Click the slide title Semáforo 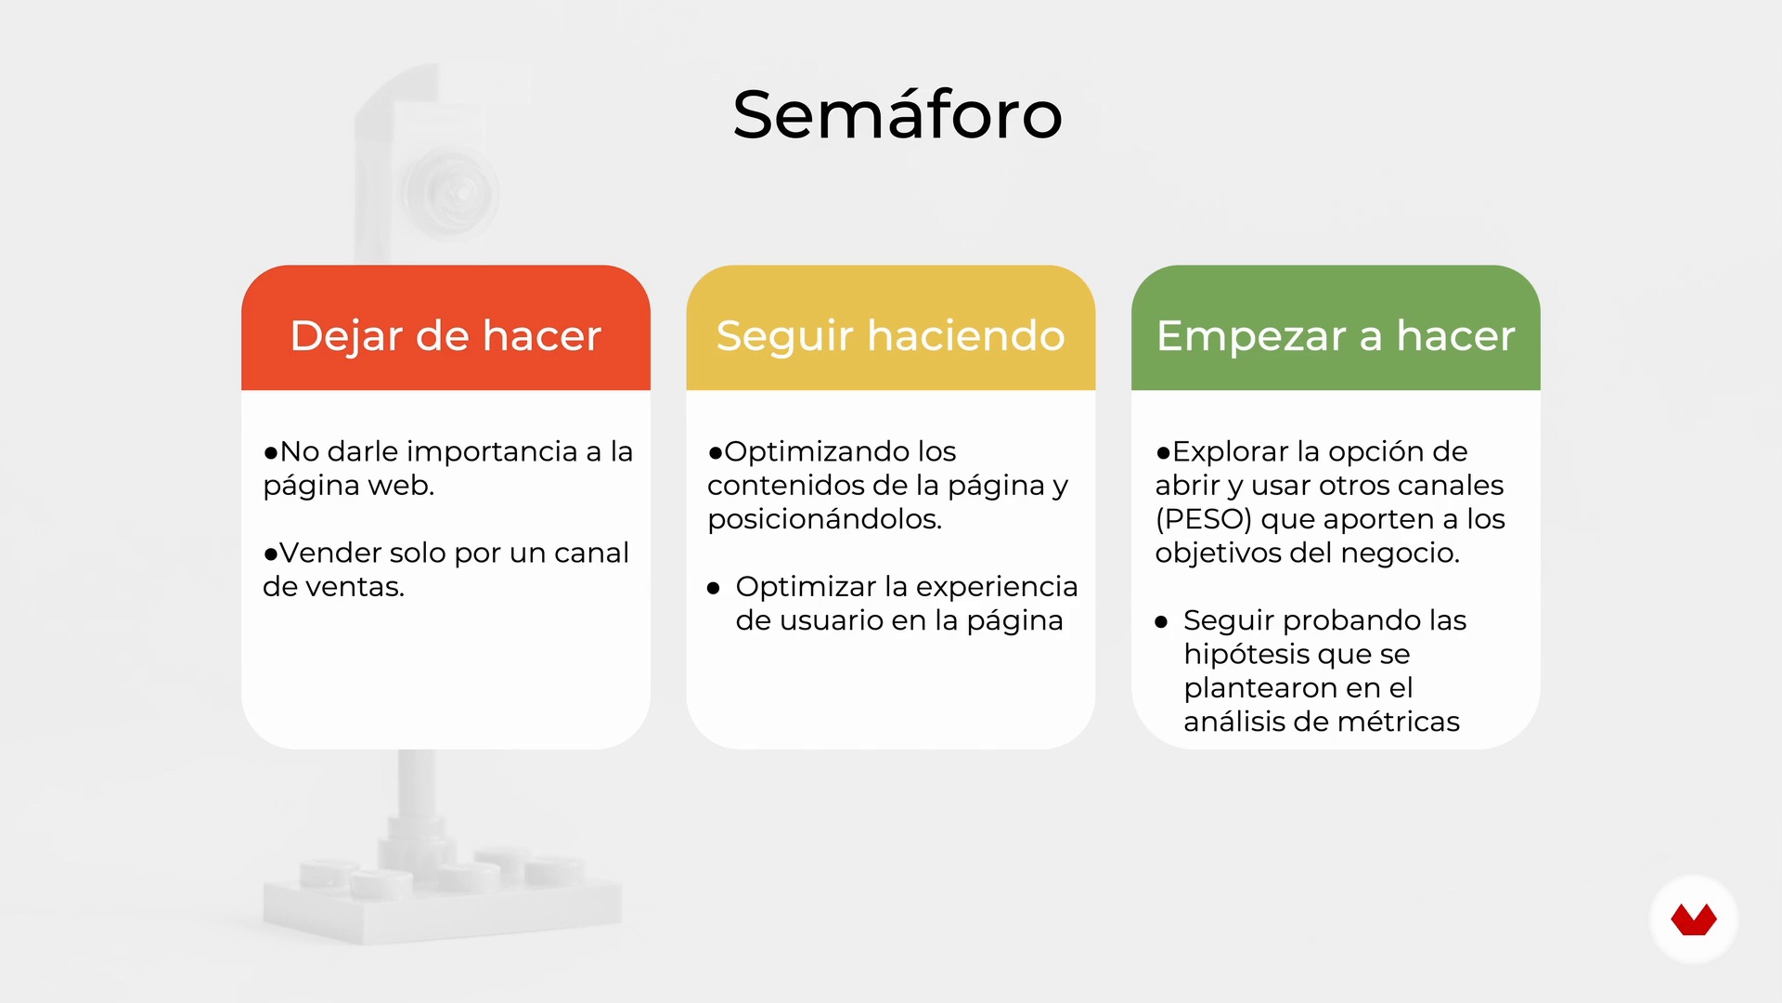pyautogui.click(x=897, y=115)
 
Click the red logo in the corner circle pyautogui.click(x=1694, y=920)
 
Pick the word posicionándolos pyautogui.click(x=824, y=519)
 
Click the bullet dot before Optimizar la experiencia pyautogui.click(x=713, y=588)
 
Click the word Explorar pyautogui.click(x=1231, y=452)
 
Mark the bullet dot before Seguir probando pyautogui.click(x=1161, y=622)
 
